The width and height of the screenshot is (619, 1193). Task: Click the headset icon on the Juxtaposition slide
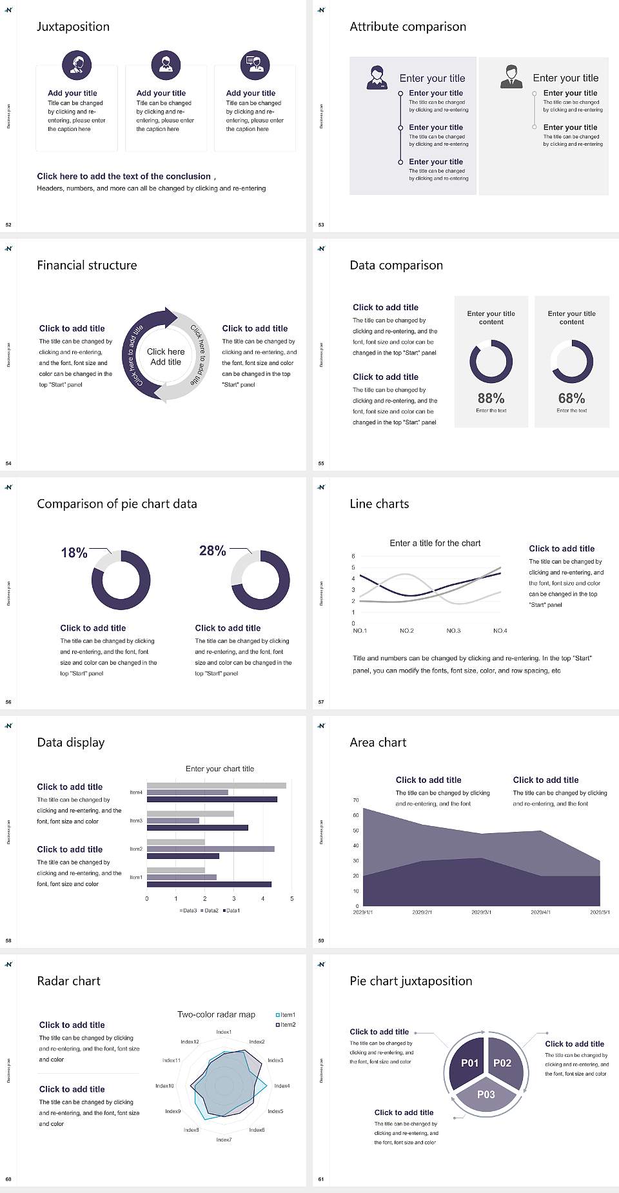(77, 64)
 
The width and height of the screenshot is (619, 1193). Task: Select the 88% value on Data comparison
(491, 399)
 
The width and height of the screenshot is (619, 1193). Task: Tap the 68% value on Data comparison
(571, 399)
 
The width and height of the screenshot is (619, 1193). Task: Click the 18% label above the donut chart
(74, 553)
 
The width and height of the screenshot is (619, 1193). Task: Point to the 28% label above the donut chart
(212, 551)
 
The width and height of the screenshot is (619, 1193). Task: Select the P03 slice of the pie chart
(486, 1094)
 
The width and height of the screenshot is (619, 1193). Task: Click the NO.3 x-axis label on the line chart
(453, 631)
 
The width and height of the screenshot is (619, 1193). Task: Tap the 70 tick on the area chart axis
(356, 800)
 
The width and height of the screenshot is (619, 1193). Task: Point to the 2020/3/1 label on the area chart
(481, 912)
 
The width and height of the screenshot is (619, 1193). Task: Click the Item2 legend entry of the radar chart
(286, 1025)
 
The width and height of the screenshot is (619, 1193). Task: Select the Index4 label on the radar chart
(282, 1086)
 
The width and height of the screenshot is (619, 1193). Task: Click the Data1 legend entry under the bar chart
(231, 911)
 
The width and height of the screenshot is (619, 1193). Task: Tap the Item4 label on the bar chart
(136, 793)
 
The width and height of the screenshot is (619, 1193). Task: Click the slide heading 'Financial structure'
(87, 265)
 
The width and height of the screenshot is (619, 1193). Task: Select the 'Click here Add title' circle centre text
(166, 357)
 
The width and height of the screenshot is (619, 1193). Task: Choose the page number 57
(321, 702)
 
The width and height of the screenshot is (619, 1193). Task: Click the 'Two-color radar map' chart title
(216, 1014)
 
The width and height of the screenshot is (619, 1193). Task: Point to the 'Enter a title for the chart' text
(435, 543)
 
